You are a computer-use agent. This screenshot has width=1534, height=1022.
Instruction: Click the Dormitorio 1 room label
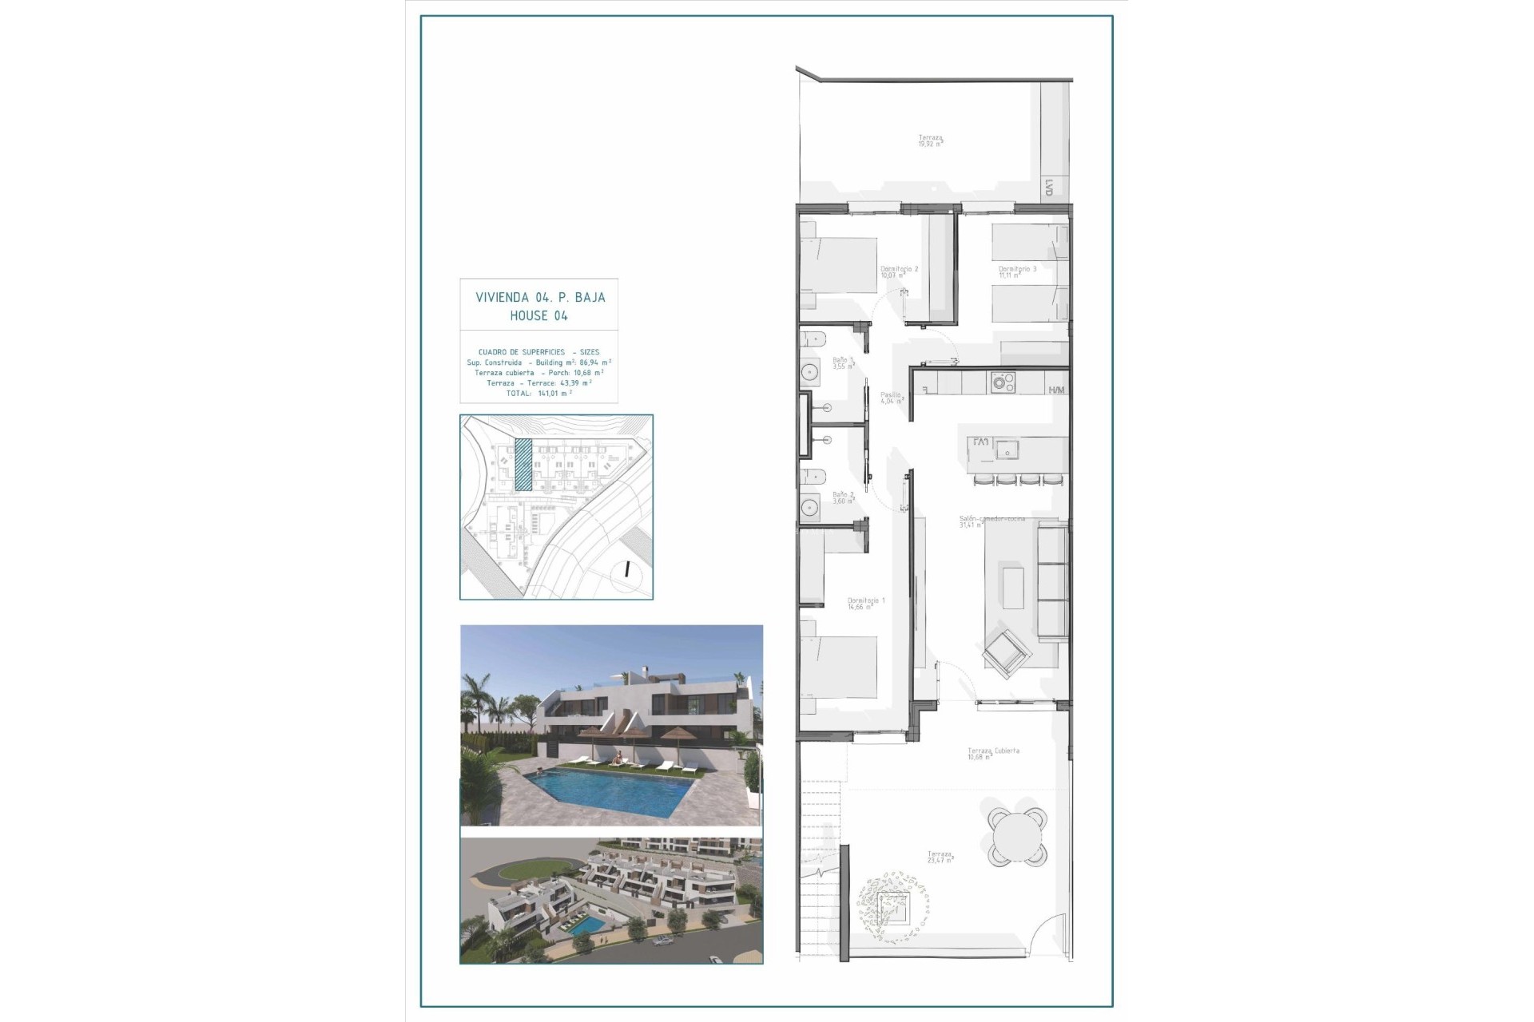click(x=866, y=600)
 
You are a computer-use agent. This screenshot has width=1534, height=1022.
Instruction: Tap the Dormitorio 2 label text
click(x=899, y=270)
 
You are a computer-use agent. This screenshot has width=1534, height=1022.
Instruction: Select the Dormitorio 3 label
click(x=1017, y=270)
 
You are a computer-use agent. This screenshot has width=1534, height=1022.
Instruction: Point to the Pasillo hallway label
click(x=891, y=395)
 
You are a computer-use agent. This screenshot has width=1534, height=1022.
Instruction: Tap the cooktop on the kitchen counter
click(x=1002, y=382)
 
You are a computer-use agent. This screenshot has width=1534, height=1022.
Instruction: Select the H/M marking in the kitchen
click(x=1056, y=390)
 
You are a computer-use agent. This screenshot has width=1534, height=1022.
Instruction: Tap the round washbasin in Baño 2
click(x=809, y=505)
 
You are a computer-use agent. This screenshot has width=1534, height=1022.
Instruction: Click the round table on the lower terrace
click(x=1017, y=837)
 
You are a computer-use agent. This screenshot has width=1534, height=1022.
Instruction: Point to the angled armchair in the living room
click(x=1007, y=648)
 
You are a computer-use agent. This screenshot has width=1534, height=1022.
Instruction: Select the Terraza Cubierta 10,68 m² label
click(x=993, y=752)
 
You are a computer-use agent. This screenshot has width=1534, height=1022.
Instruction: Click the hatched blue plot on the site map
click(x=523, y=463)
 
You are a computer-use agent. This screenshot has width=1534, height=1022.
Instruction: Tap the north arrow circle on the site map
click(x=628, y=570)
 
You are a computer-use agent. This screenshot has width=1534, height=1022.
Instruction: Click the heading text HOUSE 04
click(x=539, y=316)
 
